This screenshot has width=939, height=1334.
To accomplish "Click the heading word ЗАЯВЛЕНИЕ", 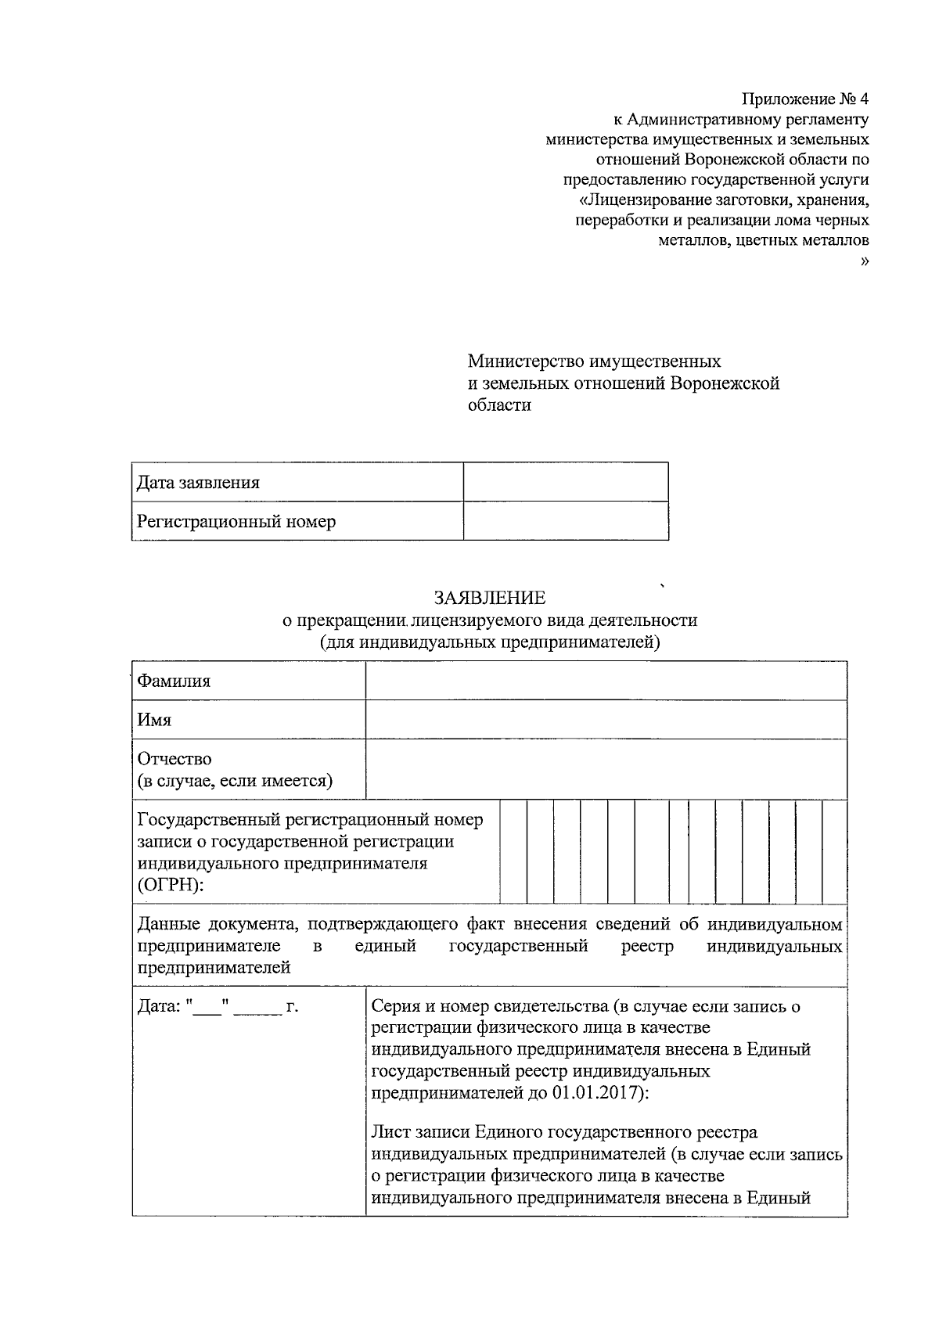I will tap(490, 599).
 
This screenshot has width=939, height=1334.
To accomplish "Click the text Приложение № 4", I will tap(805, 99).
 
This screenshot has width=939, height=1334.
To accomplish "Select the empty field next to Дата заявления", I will tap(565, 482).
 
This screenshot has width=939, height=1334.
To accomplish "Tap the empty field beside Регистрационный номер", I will tap(565, 521).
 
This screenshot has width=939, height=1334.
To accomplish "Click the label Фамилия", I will tap(174, 681).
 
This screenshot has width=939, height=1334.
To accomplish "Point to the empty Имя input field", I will tap(606, 720).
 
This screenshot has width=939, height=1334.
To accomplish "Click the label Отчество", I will tap(174, 759).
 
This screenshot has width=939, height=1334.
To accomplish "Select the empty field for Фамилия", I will tap(606, 681).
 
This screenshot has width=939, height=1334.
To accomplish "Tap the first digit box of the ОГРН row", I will tap(513, 851).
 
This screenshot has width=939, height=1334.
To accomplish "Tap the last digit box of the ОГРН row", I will tap(834, 851).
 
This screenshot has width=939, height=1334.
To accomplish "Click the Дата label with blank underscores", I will tap(218, 1007).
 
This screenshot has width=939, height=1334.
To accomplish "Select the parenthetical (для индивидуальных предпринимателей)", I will tap(490, 642).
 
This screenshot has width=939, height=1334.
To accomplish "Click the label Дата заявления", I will tap(198, 482).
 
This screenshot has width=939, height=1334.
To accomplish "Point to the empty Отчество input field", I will tap(606, 769).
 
